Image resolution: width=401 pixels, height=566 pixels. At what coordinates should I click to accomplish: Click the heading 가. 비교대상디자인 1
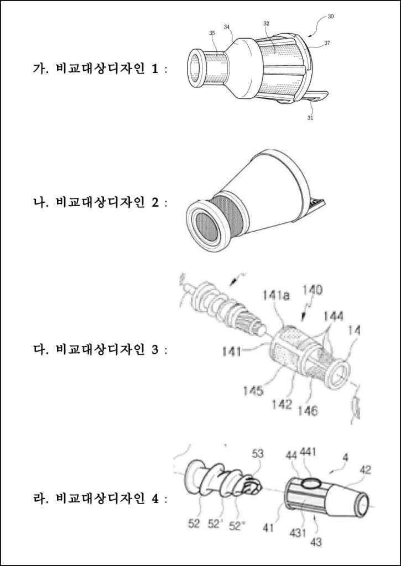100,69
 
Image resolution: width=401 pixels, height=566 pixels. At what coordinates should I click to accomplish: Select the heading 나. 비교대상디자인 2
100,202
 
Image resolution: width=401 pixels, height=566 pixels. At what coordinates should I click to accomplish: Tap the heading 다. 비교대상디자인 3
100,349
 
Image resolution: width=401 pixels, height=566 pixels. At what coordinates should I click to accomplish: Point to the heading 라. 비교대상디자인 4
100,499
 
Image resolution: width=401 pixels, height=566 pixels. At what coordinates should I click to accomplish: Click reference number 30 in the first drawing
331,17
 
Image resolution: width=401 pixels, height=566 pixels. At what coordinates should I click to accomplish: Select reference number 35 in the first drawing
212,33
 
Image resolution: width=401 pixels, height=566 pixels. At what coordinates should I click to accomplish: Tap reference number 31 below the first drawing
310,117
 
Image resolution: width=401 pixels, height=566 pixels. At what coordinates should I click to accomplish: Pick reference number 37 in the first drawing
327,43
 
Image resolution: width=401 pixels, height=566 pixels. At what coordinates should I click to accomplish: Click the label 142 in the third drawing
282,404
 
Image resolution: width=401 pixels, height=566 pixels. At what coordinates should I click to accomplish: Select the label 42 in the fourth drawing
365,470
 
